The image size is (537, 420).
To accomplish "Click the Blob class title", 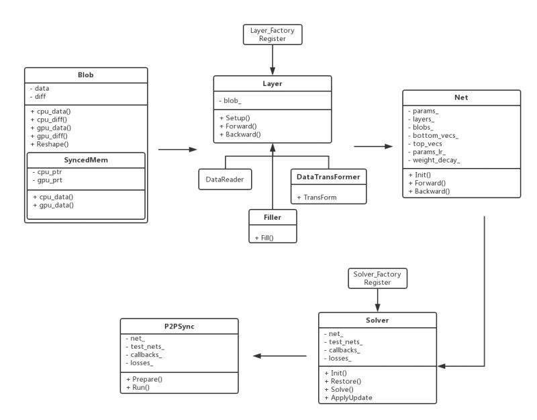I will [85, 75].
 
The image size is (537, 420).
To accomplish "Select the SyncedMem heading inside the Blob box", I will [85, 160].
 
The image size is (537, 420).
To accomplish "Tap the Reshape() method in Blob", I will [51, 144].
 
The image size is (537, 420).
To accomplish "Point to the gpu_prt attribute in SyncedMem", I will [51, 181].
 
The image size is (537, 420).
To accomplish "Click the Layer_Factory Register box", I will [272, 35].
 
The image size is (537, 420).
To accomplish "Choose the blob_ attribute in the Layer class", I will [231, 101].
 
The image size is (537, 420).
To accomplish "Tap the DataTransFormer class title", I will [328, 177].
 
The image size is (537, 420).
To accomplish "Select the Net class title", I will [461, 97].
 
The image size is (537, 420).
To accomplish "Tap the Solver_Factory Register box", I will [377, 279].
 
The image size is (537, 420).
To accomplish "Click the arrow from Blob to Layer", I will [178, 150].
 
